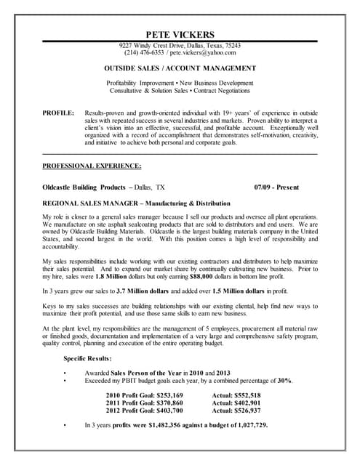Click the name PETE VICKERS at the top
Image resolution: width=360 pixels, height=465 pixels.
(x=180, y=34)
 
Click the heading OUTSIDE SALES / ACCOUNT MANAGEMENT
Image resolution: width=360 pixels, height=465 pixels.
(x=180, y=67)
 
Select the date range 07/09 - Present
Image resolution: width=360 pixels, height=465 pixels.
(x=277, y=186)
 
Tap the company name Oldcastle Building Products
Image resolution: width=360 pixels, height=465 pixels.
(x=87, y=186)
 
